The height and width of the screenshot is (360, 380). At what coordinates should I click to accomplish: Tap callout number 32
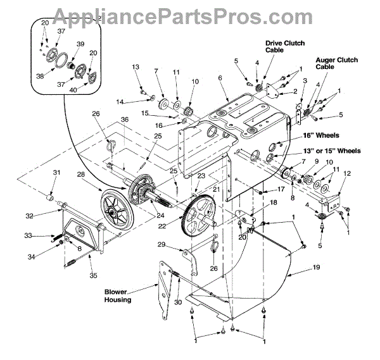pyautogui.click(x=47, y=215)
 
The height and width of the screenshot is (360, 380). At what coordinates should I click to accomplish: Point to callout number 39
pyautogui.click(x=80, y=44)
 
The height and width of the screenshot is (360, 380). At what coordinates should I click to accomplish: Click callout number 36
pyautogui.click(x=125, y=120)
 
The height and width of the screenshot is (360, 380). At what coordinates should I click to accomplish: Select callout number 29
pyautogui.click(x=161, y=245)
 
